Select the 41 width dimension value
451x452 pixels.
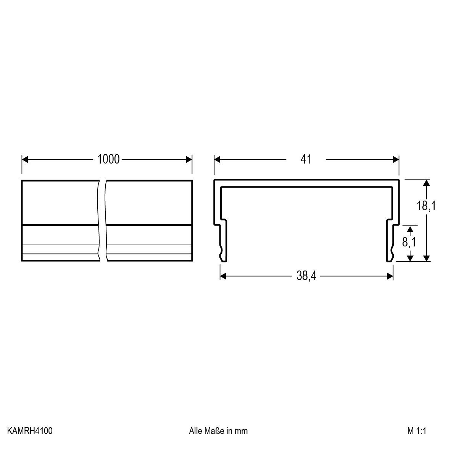[x=306, y=159]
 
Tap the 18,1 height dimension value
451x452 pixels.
[x=426, y=206]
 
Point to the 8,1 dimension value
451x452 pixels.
[x=409, y=242]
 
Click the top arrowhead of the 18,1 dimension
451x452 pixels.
[x=427, y=183]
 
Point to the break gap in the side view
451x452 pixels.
[x=102, y=220]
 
